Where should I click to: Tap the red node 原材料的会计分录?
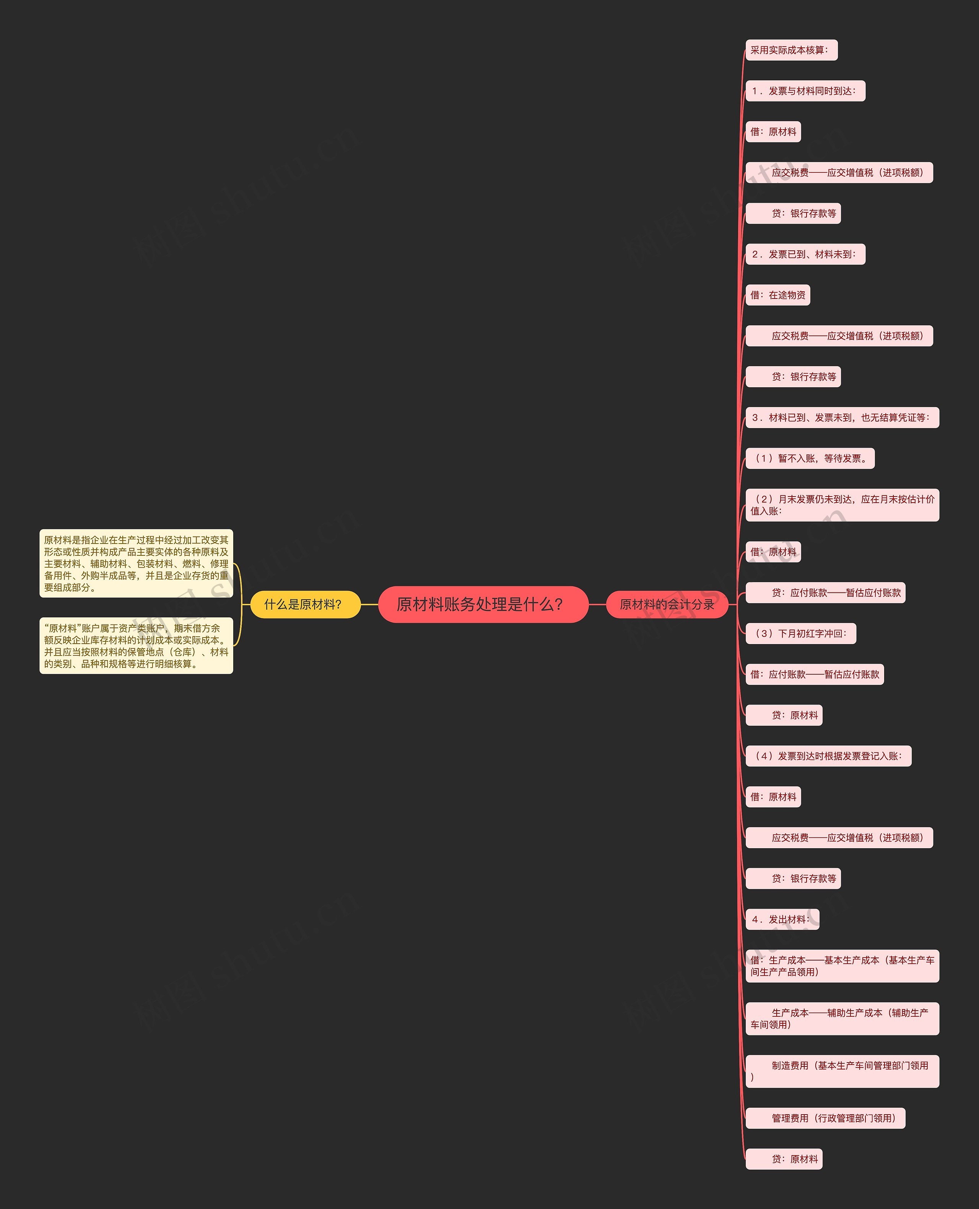(x=667, y=604)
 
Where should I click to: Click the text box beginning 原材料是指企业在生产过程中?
(x=136, y=563)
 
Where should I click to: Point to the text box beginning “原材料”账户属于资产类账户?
(x=136, y=645)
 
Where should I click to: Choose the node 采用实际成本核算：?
(x=790, y=50)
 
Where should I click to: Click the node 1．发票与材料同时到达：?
(x=805, y=91)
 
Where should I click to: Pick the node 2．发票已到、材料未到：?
(x=805, y=254)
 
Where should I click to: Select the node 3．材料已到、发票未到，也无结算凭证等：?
(x=841, y=418)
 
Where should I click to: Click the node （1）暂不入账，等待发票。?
(x=810, y=458)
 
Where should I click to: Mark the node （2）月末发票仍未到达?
(x=841, y=505)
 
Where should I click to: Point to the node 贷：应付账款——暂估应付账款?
(x=825, y=592)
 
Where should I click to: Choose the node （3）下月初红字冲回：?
(x=800, y=633)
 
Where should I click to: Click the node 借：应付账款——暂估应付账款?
(x=814, y=674)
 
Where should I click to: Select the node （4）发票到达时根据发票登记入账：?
(x=828, y=756)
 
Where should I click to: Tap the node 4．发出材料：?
(x=782, y=919)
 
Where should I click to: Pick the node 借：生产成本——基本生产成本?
(x=841, y=966)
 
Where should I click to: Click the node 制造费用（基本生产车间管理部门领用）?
(x=841, y=1071)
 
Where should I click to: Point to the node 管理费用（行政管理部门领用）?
(x=825, y=1118)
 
